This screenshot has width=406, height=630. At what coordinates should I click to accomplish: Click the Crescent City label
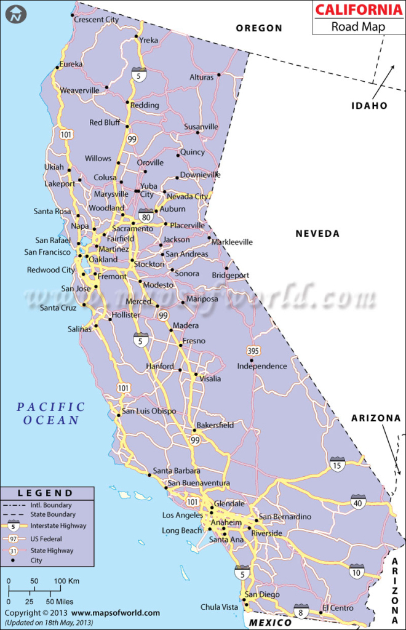(x=96, y=20)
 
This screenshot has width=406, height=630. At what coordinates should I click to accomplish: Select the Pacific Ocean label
(x=51, y=413)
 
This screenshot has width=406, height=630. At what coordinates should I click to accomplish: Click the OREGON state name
(x=260, y=28)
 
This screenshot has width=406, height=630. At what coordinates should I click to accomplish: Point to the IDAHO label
(x=369, y=105)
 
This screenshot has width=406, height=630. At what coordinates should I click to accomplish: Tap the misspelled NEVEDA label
(x=317, y=233)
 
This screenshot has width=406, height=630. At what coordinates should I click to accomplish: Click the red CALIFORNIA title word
(x=357, y=10)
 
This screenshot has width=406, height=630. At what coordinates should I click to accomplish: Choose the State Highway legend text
(x=52, y=551)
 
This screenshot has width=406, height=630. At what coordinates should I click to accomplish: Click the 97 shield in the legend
(x=14, y=538)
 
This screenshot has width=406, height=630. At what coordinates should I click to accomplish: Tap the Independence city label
(x=262, y=366)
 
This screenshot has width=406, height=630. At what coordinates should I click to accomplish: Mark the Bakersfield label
(x=215, y=425)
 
